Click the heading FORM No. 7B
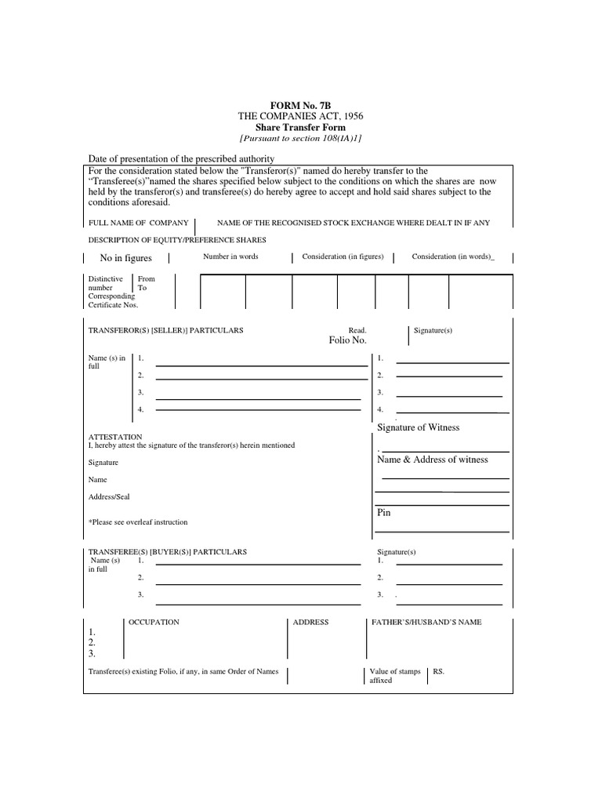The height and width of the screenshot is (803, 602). pyautogui.click(x=300, y=104)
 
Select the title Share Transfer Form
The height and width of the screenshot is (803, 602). pyautogui.click(x=300, y=127)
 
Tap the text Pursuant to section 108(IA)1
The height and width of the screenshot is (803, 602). pyautogui.click(x=300, y=138)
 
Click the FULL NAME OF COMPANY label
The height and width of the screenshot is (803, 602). pyautogui.click(x=139, y=223)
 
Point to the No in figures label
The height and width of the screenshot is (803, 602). pyautogui.click(x=126, y=258)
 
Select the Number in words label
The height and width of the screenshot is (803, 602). pyautogui.click(x=230, y=256)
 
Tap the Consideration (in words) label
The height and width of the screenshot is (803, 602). pyautogui.click(x=453, y=256)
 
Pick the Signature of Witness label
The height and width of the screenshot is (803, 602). pyautogui.click(x=419, y=427)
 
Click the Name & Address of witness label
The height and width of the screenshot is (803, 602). pyautogui.click(x=433, y=460)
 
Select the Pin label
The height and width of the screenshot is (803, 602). pyautogui.click(x=384, y=512)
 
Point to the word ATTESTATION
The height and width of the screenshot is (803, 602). pyautogui.click(x=115, y=437)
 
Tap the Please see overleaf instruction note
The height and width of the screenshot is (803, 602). pyautogui.click(x=138, y=522)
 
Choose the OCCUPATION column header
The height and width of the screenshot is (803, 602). pyautogui.click(x=154, y=622)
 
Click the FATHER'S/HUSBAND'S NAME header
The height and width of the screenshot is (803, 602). pyautogui.click(x=426, y=622)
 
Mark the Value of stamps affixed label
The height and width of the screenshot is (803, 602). pyautogui.click(x=395, y=676)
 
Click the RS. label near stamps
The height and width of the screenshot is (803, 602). pyautogui.click(x=439, y=672)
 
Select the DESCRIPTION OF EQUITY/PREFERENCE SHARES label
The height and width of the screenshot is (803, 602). pyautogui.click(x=177, y=239)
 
